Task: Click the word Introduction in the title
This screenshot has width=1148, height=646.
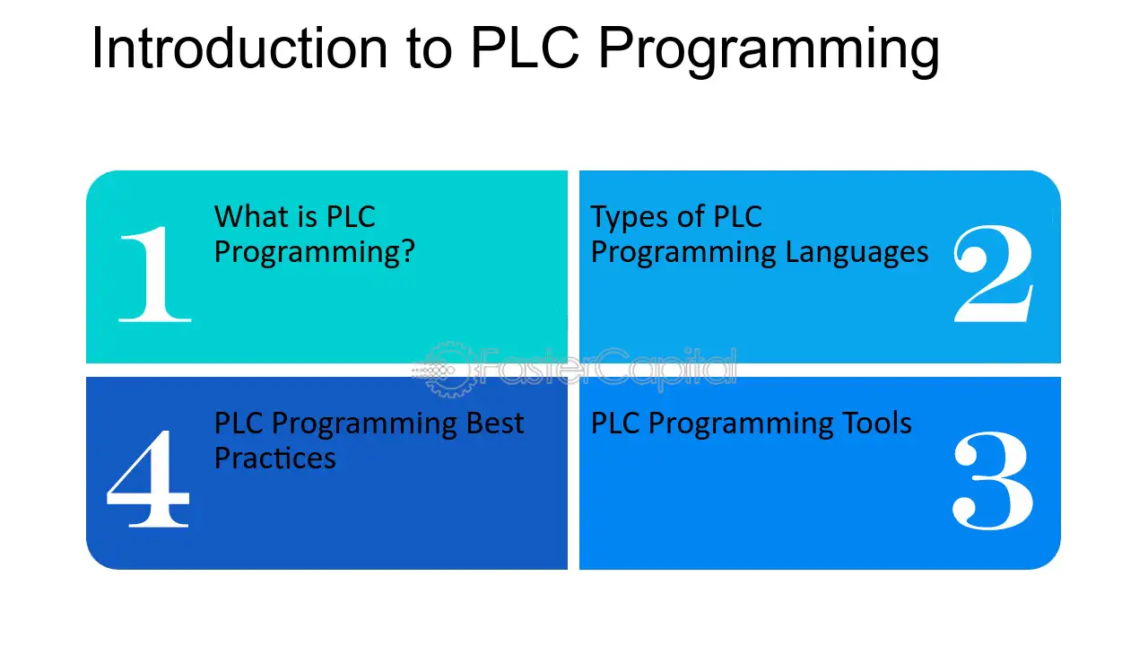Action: point(239,48)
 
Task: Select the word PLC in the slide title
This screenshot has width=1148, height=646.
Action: point(526,48)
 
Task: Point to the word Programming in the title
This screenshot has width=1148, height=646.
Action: point(769,52)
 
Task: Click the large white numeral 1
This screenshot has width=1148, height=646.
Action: point(155,275)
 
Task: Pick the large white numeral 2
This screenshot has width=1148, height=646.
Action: point(993,274)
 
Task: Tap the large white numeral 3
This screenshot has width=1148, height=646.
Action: point(992,480)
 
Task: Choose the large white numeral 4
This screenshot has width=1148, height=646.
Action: point(148,479)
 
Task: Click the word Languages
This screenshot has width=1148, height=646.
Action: point(857,253)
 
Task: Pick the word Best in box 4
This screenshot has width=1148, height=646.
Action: point(494,423)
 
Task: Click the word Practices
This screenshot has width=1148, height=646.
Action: point(275,458)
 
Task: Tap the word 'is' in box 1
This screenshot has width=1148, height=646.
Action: point(307,217)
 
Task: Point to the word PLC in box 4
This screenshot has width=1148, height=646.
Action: point(239,423)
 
